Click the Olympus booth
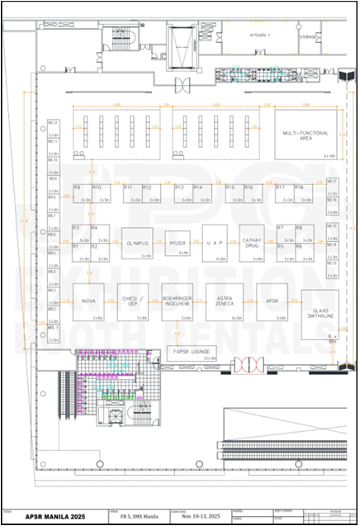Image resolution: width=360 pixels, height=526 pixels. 137,244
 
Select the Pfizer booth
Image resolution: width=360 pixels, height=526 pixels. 178,244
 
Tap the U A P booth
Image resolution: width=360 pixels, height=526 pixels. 216,244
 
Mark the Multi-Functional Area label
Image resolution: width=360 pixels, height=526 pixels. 305,136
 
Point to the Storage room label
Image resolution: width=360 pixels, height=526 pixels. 307,37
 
